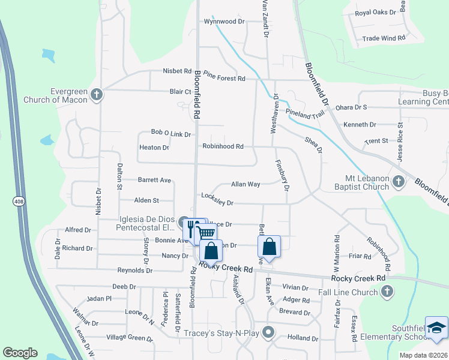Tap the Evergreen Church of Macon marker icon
[x=96, y=95]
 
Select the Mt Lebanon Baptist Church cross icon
[x=397, y=180]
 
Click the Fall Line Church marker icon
[x=387, y=292]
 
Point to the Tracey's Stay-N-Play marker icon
[x=268, y=331]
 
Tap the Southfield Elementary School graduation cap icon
[x=436, y=328]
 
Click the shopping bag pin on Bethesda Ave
[x=270, y=247]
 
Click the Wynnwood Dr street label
[x=225, y=22]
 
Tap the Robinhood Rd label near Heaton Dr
[x=223, y=146]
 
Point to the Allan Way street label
[x=246, y=184]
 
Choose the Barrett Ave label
[x=154, y=179]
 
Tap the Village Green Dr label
[x=129, y=338]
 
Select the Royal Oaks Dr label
[x=375, y=13]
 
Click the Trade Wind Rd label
[x=384, y=38]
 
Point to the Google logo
[x=20, y=353]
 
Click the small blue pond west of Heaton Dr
[x=47, y=141]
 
